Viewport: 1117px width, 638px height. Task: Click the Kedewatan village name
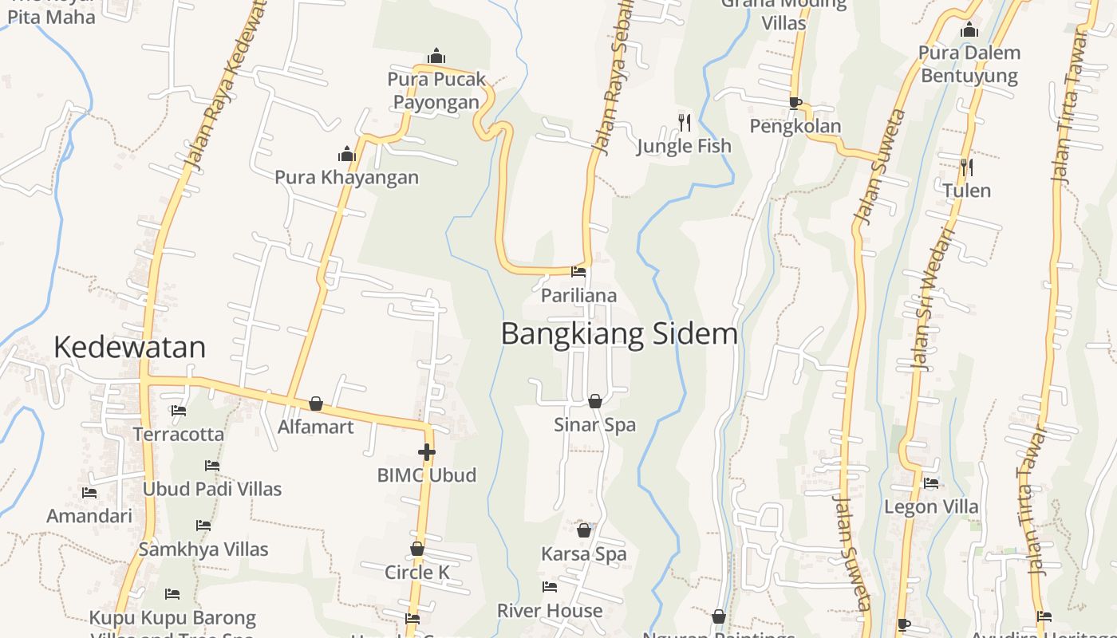coord(129,347)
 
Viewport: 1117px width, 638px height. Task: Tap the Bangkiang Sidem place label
coord(619,333)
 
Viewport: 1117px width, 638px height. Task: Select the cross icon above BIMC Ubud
coord(427,452)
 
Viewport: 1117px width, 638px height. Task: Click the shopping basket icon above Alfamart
coord(316,404)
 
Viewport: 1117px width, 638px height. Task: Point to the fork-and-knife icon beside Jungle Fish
coord(685,122)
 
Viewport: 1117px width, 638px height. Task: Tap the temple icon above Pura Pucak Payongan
coord(436,56)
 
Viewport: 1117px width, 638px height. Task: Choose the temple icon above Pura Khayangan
coord(346,153)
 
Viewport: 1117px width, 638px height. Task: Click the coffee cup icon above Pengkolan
coord(795,102)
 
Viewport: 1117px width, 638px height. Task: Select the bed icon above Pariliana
coord(578,272)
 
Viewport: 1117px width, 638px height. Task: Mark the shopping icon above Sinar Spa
coord(594,400)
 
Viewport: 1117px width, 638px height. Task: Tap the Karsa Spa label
coord(583,553)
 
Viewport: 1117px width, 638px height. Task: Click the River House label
coord(550,611)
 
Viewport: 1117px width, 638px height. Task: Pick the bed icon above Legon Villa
coord(931,482)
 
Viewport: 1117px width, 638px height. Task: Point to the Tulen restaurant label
coord(966,191)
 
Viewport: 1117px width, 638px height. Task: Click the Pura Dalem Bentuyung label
coord(969,65)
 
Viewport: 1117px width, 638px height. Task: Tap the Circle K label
coord(416,573)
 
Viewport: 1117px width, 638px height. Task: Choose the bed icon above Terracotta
coord(179,411)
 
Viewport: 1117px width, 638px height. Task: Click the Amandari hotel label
coord(89,516)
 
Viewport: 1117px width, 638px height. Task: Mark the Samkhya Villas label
coord(203,549)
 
